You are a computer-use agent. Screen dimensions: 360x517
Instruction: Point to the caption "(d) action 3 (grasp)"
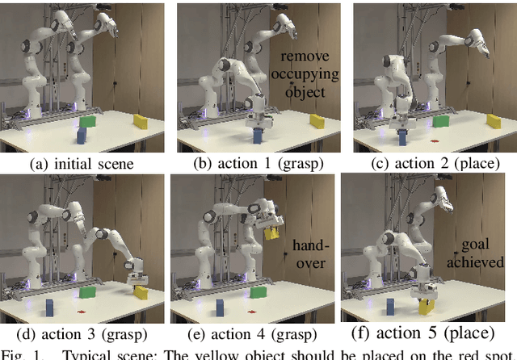[x=82, y=333]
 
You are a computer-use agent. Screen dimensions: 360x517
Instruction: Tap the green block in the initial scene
[x=87, y=121]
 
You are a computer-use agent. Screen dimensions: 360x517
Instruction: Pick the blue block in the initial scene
[x=83, y=135]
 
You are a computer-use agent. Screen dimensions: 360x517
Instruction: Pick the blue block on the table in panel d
[x=49, y=308]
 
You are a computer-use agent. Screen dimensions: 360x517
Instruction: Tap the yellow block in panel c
[x=493, y=120]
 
